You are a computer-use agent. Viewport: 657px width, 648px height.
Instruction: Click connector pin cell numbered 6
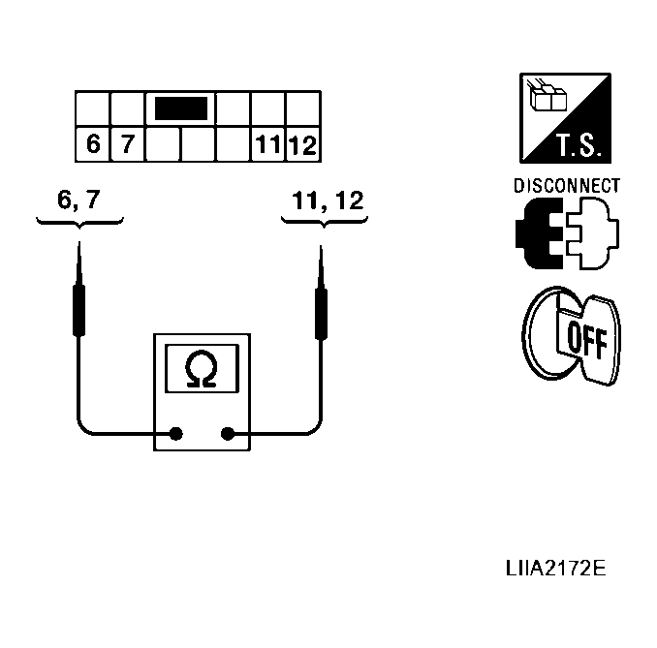click(x=93, y=144)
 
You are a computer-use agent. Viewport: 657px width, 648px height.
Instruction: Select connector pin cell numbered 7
click(x=127, y=144)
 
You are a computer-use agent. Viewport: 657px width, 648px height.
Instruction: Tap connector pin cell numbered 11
click(x=267, y=145)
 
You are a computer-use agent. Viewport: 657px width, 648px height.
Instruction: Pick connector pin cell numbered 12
click(x=302, y=145)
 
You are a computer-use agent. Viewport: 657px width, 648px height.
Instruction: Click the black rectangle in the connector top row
click(x=180, y=108)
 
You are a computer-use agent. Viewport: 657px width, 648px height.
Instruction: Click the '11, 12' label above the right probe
click(x=328, y=201)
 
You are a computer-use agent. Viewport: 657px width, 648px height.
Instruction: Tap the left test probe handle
click(x=79, y=308)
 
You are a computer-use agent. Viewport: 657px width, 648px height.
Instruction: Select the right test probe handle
click(x=322, y=308)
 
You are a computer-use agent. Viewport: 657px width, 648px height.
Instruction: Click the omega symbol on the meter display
click(x=202, y=369)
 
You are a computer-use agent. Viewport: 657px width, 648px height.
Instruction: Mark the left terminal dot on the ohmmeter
click(x=176, y=434)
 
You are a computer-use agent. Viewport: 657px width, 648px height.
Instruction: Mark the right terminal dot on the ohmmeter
click(x=229, y=434)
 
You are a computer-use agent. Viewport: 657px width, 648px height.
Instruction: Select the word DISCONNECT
click(x=567, y=186)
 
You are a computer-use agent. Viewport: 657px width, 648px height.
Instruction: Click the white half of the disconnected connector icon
click(x=594, y=233)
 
